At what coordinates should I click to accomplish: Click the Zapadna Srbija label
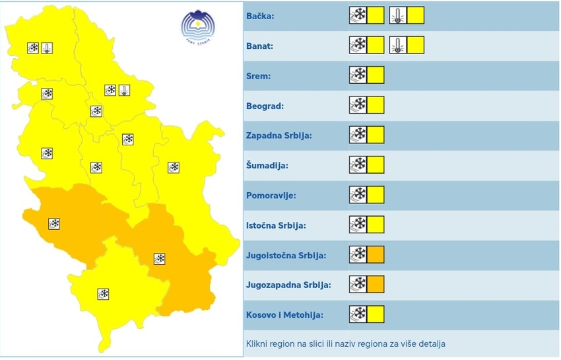[279, 135]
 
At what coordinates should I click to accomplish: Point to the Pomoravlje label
[271, 196]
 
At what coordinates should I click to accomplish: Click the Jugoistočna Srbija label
[286, 255]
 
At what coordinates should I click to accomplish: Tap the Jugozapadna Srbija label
[288, 285]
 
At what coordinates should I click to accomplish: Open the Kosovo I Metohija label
[284, 315]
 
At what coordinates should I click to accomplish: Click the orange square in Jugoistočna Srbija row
[376, 254]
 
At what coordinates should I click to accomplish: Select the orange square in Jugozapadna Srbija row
[376, 285]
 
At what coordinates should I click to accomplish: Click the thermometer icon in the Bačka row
[398, 15]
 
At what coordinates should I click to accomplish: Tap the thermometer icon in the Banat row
[398, 45]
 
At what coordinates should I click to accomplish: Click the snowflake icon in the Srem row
[358, 75]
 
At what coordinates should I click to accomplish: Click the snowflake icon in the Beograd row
[358, 106]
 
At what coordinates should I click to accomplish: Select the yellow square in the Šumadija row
[376, 165]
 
